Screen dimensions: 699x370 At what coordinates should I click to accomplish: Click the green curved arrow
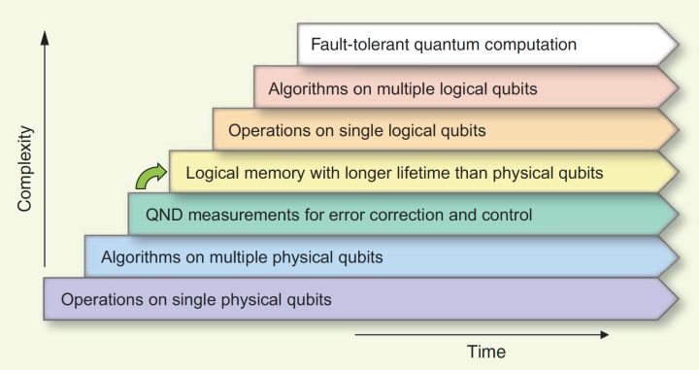click(150, 176)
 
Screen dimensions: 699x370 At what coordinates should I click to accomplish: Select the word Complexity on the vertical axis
click(25, 169)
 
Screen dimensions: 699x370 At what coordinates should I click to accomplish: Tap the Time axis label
click(486, 352)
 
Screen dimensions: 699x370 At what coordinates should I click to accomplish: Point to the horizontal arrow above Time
click(482, 334)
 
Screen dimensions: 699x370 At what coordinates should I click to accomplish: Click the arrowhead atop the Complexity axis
click(44, 38)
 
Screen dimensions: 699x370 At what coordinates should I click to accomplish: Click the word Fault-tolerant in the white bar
click(360, 45)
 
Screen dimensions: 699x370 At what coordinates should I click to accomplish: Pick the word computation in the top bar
click(530, 45)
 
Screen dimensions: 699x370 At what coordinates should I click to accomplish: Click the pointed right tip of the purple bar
click(679, 299)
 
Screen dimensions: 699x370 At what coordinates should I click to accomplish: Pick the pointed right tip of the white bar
click(679, 45)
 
